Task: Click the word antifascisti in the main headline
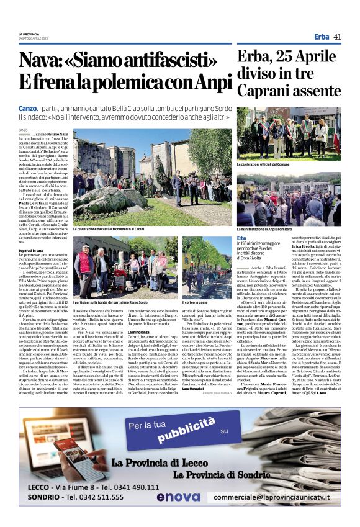[151, 60]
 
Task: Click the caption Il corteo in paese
[195, 300]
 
